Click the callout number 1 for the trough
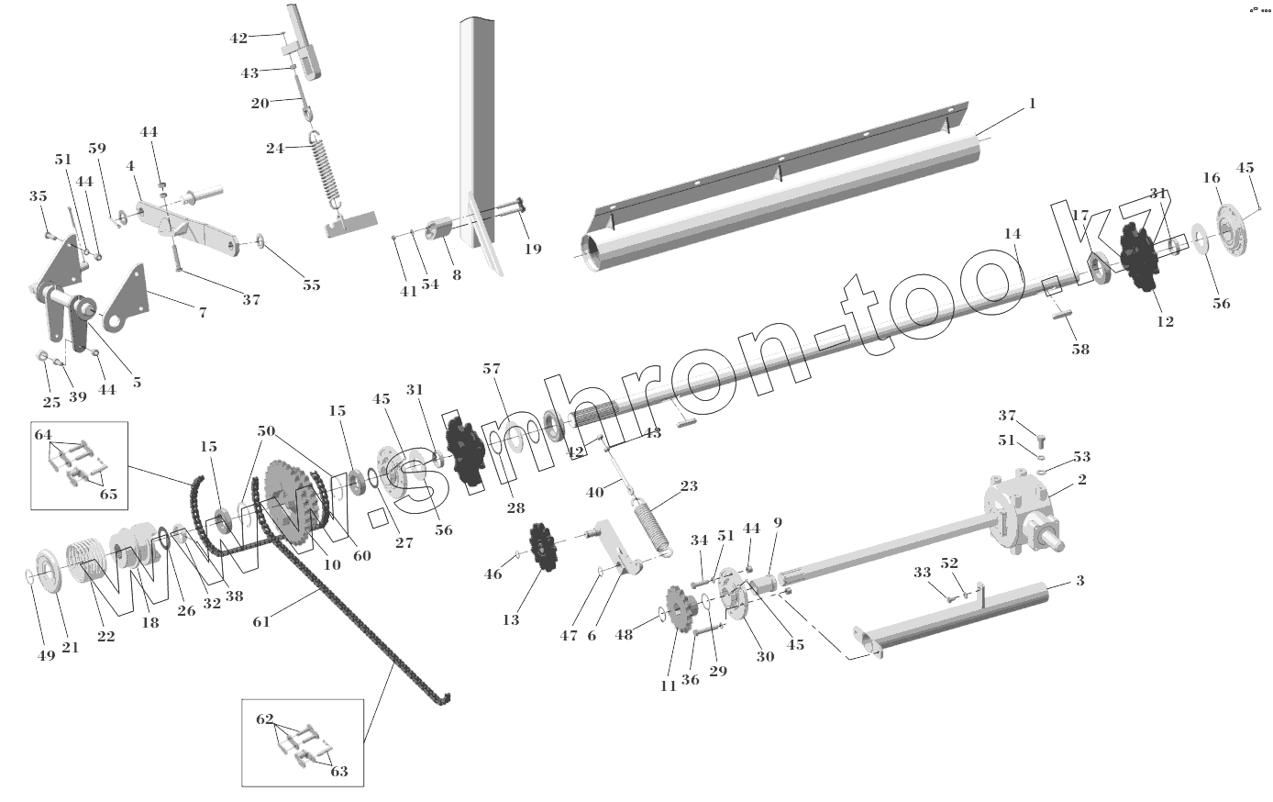click(1032, 104)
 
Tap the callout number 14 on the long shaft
click(1012, 234)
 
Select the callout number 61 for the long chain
click(262, 623)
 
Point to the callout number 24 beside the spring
click(274, 147)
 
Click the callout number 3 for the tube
click(1079, 582)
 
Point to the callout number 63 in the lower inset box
click(338, 771)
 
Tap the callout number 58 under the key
click(1080, 350)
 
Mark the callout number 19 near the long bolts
click(533, 249)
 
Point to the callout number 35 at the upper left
click(38, 195)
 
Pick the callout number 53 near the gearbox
click(1082, 456)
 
